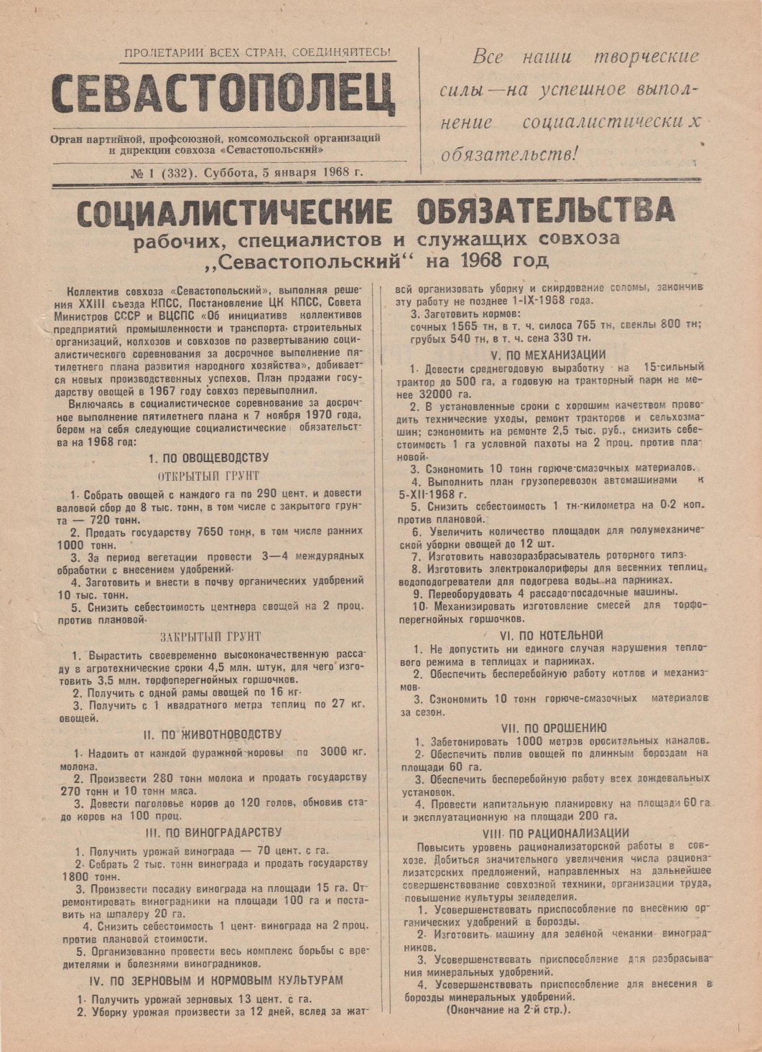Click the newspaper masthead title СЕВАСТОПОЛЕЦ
point(223,94)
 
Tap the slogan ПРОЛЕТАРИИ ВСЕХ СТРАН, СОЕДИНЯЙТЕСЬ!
point(257,52)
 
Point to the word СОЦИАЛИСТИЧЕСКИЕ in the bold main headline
point(234,213)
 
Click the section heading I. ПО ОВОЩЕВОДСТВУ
point(208,458)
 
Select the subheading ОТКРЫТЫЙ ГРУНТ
point(208,476)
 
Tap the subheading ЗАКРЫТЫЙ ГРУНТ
point(210,637)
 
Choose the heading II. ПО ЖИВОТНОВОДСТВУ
point(212,734)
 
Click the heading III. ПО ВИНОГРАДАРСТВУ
point(213,832)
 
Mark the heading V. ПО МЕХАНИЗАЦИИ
point(548,354)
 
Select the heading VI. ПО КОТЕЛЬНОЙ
point(551,635)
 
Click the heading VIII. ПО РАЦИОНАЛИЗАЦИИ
point(556,833)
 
